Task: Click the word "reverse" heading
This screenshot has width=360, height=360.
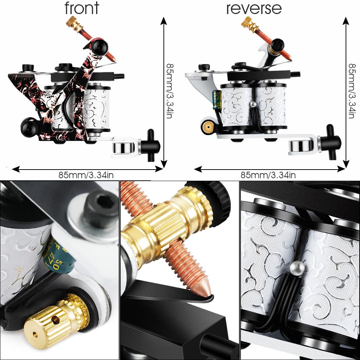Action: [254, 8]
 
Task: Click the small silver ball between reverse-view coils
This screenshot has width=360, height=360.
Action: [253, 104]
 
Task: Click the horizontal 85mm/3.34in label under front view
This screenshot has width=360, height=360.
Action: [86, 175]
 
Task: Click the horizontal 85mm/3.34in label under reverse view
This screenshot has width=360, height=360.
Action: [268, 175]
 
